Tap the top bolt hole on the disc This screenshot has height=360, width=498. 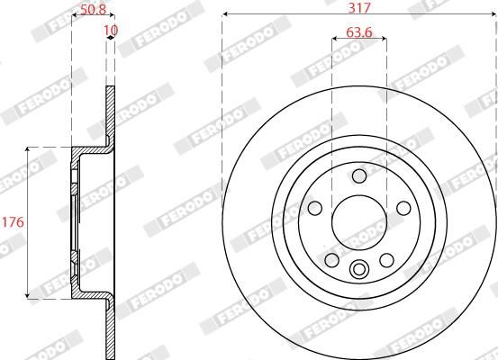coord(359,175)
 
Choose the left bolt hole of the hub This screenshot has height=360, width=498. coord(314,208)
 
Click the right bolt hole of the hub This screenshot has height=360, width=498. coord(404,208)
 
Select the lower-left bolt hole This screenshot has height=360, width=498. coord(331,260)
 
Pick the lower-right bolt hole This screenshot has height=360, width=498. coord(387,260)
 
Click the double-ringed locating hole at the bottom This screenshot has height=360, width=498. coord(359,268)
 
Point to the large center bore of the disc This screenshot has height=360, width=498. coord(359,221)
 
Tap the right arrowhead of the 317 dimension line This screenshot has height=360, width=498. coord(494,13)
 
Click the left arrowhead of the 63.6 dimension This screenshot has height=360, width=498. coord(334,39)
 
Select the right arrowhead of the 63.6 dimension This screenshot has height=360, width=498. coord(385,39)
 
